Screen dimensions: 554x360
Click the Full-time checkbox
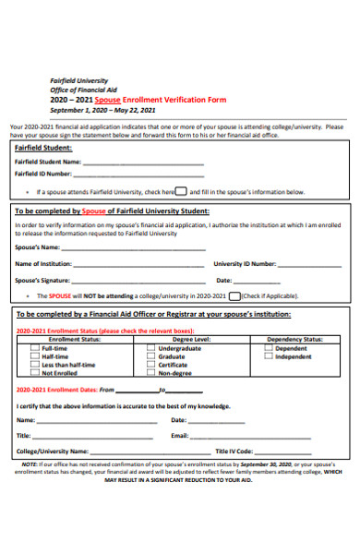click(34, 348)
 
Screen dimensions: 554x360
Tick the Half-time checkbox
click(34, 356)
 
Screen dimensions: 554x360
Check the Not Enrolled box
click(34, 373)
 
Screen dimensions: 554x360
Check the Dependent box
click(268, 348)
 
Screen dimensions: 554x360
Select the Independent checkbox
click(268, 356)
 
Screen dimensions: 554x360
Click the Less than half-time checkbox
click(34, 365)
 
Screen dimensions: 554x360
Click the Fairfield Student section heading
click(43, 148)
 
